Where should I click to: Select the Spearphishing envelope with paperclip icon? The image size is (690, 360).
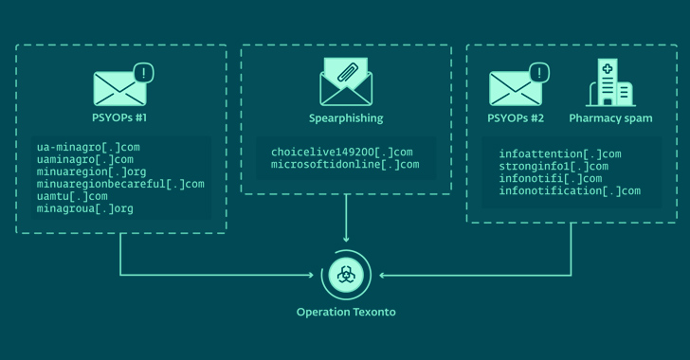(346, 82)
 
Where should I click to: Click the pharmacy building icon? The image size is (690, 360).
(611, 83)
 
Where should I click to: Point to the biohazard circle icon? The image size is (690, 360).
(346, 276)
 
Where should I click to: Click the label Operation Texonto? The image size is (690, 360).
(346, 312)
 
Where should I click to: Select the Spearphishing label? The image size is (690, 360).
(346, 118)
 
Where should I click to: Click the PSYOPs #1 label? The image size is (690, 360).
(120, 118)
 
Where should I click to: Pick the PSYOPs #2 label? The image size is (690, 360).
(516, 118)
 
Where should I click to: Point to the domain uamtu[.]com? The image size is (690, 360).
(72, 196)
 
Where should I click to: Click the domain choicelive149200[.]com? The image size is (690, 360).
(342, 152)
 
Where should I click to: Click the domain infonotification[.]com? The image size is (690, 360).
(570, 190)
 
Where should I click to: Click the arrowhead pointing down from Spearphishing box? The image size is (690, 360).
(346, 237)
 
